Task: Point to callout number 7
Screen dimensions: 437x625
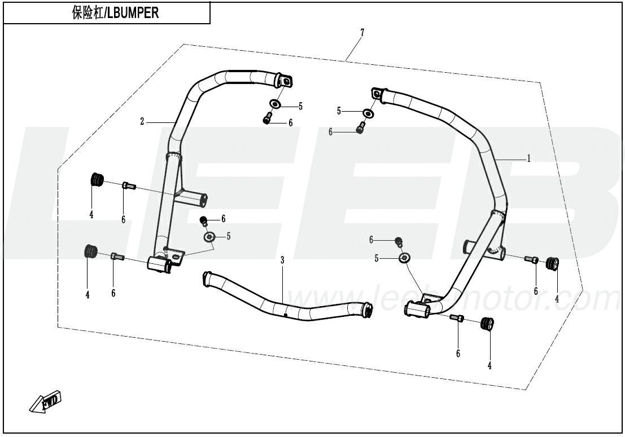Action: pyautogui.click(x=362, y=32)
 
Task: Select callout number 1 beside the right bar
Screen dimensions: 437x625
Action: pyautogui.click(x=528, y=158)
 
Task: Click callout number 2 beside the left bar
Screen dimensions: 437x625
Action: pyautogui.click(x=142, y=121)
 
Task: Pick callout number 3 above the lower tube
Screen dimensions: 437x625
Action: pyautogui.click(x=282, y=260)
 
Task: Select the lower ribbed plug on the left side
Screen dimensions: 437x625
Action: pyautogui.click(x=90, y=251)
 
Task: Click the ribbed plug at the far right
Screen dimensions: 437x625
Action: pyautogui.click(x=552, y=263)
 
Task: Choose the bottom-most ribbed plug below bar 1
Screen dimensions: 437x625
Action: pyautogui.click(x=486, y=324)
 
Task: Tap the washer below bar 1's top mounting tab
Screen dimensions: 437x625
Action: pyautogui.click(x=368, y=113)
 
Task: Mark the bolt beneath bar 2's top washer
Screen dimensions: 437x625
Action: pyautogui.click(x=268, y=119)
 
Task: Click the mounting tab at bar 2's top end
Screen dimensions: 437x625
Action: pyautogui.click(x=285, y=82)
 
